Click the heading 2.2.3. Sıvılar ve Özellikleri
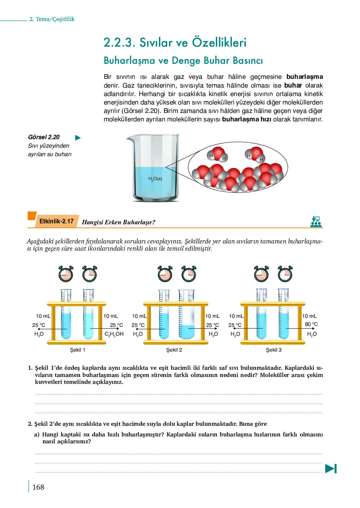coord(175,43)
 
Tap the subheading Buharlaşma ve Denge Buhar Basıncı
coord(183,60)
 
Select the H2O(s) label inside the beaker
coord(155,179)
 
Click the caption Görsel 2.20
coord(44,137)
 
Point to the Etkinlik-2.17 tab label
coord(57,221)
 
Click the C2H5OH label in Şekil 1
coord(114,334)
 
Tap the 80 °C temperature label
coord(311,324)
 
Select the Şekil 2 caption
coord(174,350)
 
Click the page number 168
coord(38,487)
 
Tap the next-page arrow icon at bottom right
coord(331,469)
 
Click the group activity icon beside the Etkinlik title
coord(316,222)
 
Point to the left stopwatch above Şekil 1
coord(66,274)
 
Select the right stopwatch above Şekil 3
coord(285,274)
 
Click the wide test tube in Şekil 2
coord(187,314)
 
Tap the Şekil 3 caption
coord(274,350)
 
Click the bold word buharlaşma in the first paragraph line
coord(305,77)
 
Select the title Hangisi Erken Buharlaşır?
coord(118,222)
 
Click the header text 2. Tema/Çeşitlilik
coord(52,19)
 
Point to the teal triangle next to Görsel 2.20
coord(78,138)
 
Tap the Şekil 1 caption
coord(77,350)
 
